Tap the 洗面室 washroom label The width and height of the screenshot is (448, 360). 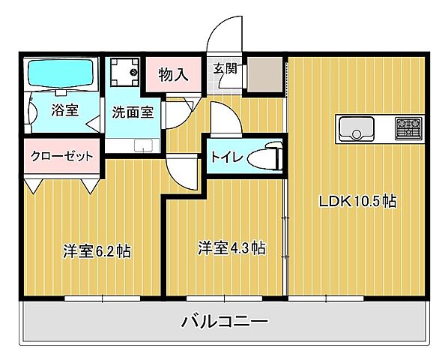pos(133,112)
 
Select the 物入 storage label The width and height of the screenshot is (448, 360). pos(173,75)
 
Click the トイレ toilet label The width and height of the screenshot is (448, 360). pos(225,158)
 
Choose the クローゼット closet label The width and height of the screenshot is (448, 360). pos(62,156)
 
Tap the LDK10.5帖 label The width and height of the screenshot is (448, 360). pos(357,201)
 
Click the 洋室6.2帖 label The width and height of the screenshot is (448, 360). pos(97,251)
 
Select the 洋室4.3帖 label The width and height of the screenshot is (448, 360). pos(231,247)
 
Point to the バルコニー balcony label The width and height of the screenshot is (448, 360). pos(225,322)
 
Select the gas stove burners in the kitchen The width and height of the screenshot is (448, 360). pos(409,128)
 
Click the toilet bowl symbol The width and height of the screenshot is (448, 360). pos(264,158)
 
